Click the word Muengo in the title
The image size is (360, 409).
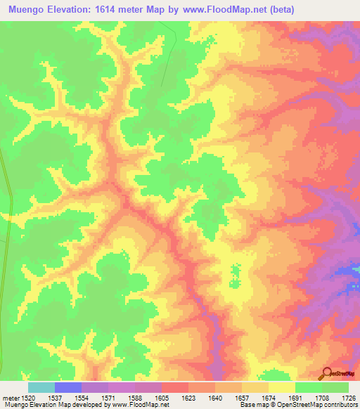point(28,10)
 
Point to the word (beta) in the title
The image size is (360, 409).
point(278,10)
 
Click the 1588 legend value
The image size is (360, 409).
point(135,397)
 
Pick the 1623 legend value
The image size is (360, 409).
point(188,397)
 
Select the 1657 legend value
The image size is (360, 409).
point(241,397)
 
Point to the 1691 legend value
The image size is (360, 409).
point(295,397)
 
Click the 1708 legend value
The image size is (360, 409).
point(321,397)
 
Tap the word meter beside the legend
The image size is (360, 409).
point(10,397)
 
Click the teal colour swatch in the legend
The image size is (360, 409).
point(41,387)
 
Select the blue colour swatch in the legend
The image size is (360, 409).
point(67,387)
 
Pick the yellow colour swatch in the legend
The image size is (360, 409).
point(281,387)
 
